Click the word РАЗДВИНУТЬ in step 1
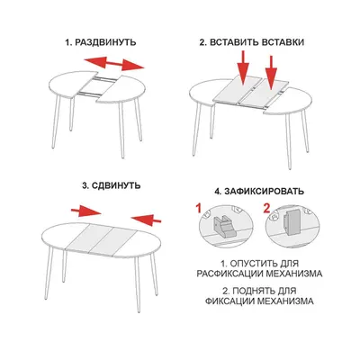[x=105, y=42]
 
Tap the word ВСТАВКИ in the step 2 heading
[x=283, y=42]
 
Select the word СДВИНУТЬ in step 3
[x=116, y=185]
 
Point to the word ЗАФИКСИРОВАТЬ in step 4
[x=264, y=191]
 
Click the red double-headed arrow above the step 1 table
[x=114, y=63]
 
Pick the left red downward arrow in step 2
[x=244, y=67]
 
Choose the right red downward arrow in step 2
[x=271, y=72]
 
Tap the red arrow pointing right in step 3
[x=86, y=211]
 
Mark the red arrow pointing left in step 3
[x=147, y=219]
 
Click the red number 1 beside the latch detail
[x=198, y=208]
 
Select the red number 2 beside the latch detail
[x=266, y=208]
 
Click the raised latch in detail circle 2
[x=291, y=222]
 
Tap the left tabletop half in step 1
[x=71, y=83]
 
